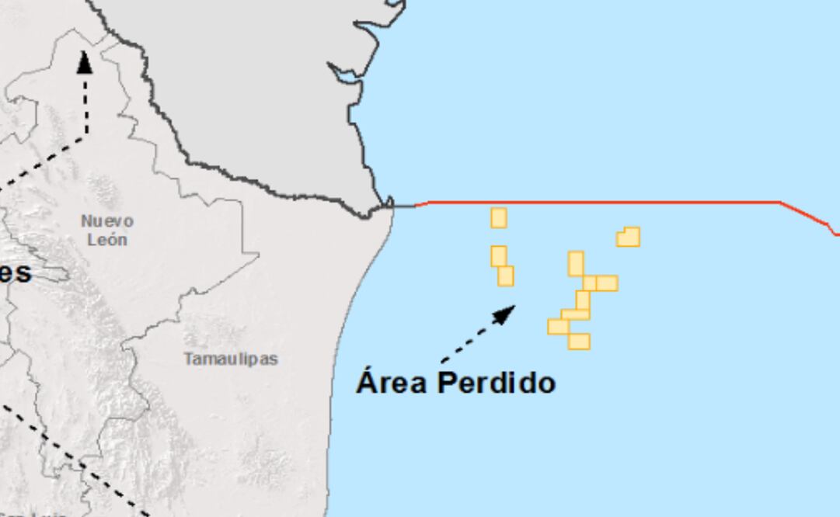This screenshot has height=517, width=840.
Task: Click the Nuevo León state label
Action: (x=107, y=231)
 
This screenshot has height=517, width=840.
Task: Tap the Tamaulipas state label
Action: (x=231, y=359)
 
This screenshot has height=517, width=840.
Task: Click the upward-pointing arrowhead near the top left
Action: (x=84, y=62)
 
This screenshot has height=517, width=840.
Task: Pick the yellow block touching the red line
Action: (x=499, y=217)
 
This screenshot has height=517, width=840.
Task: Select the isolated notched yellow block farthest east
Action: (x=629, y=237)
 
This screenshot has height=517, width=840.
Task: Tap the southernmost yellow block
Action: (x=579, y=341)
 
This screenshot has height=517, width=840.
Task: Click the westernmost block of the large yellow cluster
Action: (x=558, y=327)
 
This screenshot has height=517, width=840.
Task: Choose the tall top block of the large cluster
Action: (x=576, y=263)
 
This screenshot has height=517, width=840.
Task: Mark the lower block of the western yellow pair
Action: (x=506, y=276)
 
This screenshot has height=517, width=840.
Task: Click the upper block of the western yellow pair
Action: (x=499, y=255)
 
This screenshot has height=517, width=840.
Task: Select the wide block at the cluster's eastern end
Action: (x=607, y=283)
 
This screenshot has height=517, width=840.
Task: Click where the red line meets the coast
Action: (x=394, y=206)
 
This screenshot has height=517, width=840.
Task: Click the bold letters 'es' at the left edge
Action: (x=16, y=272)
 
